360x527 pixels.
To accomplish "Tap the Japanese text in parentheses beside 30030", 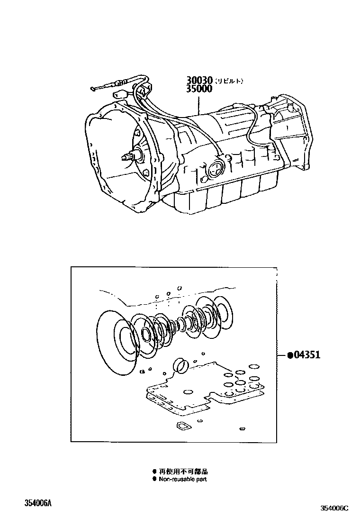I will click(x=229, y=81).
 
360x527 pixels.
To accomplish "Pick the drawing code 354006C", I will click(x=334, y=509).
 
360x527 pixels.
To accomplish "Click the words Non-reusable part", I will click(x=182, y=479).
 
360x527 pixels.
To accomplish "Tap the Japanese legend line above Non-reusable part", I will click(x=183, y=472).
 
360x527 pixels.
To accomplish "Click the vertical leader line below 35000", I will click(x=199, y=104).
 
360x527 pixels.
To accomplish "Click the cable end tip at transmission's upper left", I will click(x=93, y=89).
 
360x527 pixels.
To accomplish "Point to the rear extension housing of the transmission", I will click(x=289, y=133).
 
